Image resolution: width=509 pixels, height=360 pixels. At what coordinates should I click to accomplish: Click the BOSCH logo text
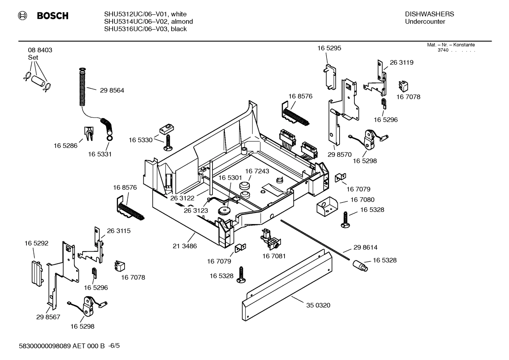pyautogui.click(x=52, y=16)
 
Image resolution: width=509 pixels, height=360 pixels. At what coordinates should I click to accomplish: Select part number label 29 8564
pyautogui.click(x=112, y=90)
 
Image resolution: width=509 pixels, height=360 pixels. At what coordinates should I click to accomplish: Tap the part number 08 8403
pyautogui.click(x=40, y=50)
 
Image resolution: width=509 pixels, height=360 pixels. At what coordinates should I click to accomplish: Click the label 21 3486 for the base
pyautogui.click(x=185, y=246)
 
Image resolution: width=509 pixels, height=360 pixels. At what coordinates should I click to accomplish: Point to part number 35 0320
pyautogui.click(x=318, y=305)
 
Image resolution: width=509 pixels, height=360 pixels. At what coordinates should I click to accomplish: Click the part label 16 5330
pyautogui.click(x=140, y=140)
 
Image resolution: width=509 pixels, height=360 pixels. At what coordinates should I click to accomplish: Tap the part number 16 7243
pyautogui.click(x=257, y=171)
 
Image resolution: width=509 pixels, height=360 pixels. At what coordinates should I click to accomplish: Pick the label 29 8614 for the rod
pyautogui.click(x=365, y=248)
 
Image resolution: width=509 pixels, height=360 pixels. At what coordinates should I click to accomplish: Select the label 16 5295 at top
pyautogui.click(x=329, y=48)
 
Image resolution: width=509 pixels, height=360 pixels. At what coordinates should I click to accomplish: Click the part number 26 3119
pyautogui.click(x=401, y=63)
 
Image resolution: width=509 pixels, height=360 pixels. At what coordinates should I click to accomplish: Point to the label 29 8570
pyautogui.click(x=339, y=155)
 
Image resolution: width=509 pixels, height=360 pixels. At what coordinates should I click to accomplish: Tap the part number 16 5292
pyautogui.click(x=36, y=243)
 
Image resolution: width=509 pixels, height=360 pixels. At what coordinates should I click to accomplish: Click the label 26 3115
pyautogui.click(x=119, y=231)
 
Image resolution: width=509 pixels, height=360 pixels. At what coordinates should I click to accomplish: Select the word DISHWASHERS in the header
pyautogui.click(x=429, y=14)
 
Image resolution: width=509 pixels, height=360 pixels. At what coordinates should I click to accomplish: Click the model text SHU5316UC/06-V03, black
pyautogui.click(x=145, y=29)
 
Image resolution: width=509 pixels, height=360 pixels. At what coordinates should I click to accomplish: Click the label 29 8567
pyautogui.click(x=48, y=317)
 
